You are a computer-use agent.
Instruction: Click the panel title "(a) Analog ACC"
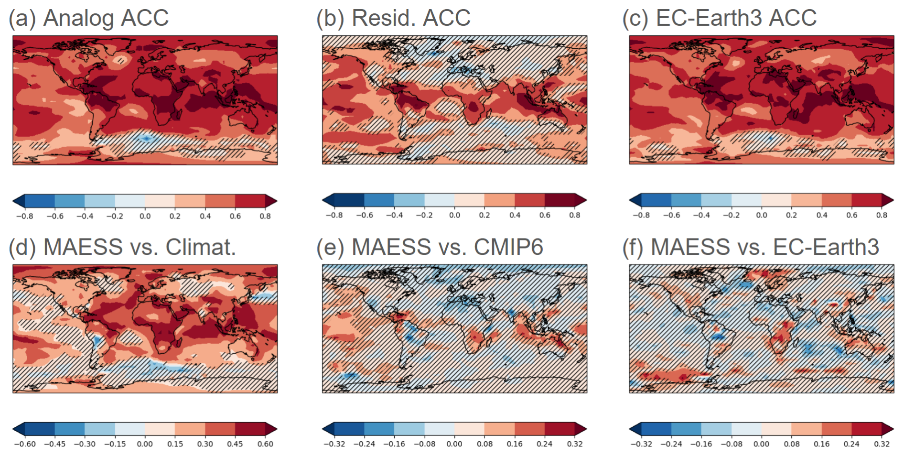tap(89, 18)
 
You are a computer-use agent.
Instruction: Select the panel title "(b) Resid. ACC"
tap(393, 18)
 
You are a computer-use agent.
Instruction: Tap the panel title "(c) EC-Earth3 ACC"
tap(720, 18)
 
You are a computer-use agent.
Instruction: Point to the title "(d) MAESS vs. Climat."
tap(122, 247)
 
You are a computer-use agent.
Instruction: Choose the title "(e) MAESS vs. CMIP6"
tap(430, 247)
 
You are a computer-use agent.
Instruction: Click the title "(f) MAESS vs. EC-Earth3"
tap(751, 247)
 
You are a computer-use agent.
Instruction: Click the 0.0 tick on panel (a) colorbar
tap(145, 216)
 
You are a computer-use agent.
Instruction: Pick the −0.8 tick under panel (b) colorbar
tap(334, 215)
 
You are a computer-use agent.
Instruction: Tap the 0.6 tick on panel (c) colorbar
tap(851, 215)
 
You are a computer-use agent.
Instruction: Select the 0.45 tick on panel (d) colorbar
tap(235, 444)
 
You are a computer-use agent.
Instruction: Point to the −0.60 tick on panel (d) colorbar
tap(25, 444)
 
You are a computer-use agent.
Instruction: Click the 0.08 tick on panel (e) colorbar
tap(484, 444)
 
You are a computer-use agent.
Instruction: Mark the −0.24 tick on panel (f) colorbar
tap(671, 444)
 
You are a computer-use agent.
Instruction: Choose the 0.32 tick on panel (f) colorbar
tap(882, 444)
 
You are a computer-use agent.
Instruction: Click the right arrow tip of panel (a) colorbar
tap(276, 201)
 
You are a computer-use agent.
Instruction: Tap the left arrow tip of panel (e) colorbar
tap(324, 429)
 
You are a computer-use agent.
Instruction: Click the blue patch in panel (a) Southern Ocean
tap(146, 138)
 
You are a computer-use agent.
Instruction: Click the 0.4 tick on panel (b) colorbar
tap(515, 215)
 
